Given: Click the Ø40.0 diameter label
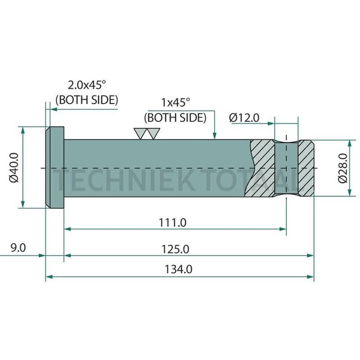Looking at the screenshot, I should point(14,167).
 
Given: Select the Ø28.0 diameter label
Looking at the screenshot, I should point(343,168).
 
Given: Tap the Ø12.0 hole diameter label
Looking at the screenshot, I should point(244,117).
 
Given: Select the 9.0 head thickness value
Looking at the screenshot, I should point(18,248).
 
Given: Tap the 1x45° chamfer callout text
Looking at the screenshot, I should point(175,103).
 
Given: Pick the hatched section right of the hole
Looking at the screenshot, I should point(306,167).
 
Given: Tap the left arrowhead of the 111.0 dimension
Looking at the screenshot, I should point(68,228).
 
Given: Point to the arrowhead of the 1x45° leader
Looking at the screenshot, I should point(215,135).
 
